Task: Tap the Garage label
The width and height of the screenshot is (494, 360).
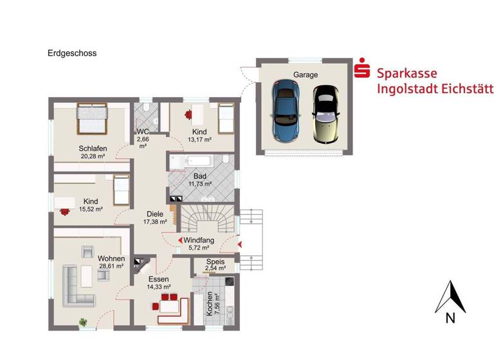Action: coord(306,75)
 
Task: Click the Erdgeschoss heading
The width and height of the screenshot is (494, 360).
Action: coord(72,53)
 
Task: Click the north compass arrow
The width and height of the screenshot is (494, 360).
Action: coord(450,298)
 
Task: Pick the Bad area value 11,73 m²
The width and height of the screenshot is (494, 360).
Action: coord(200,184)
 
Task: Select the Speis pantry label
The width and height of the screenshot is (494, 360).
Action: coord(215,262)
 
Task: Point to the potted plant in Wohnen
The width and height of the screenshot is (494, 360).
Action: coord(82,321)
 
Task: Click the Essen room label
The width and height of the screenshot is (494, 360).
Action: coord(158,279)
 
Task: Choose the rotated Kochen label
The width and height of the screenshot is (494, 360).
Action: coord(210,304)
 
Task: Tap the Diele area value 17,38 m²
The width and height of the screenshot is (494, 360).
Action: coord(155,222)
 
